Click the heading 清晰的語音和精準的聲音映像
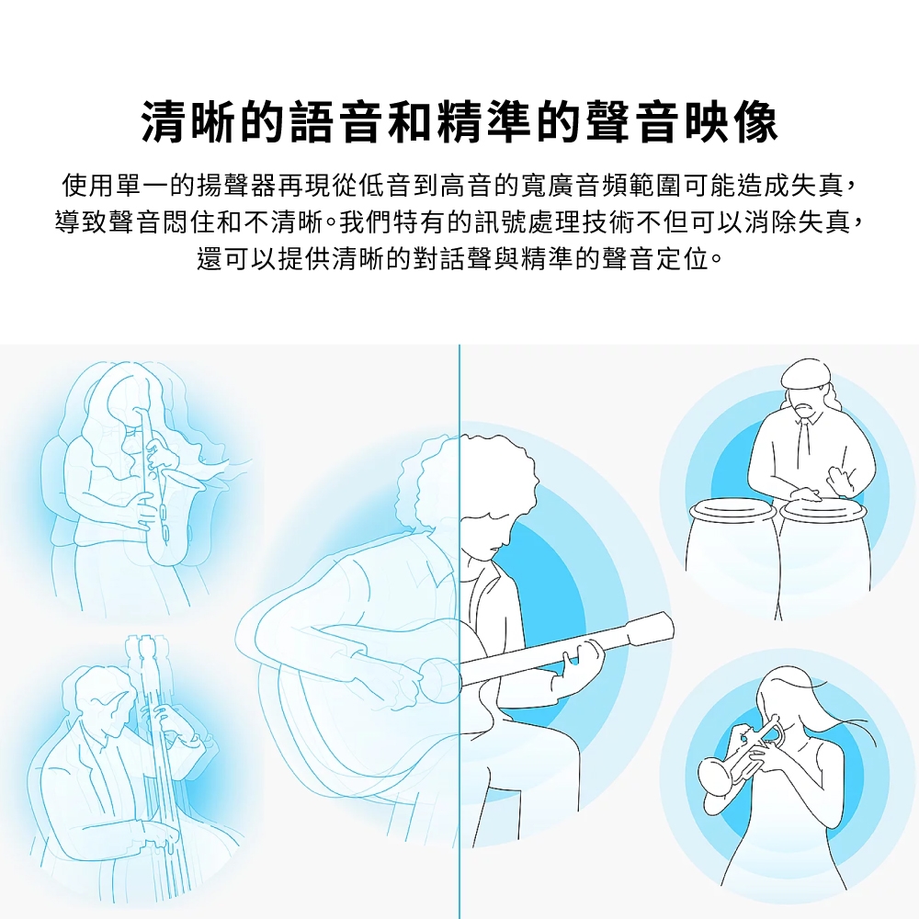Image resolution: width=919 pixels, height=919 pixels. click(x=459, y=122)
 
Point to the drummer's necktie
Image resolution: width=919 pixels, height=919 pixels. click(x=803, y=438)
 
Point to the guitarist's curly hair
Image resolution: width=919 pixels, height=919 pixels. click(x=469, y=476)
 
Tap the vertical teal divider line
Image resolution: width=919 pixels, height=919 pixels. click(x=459, y=632)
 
